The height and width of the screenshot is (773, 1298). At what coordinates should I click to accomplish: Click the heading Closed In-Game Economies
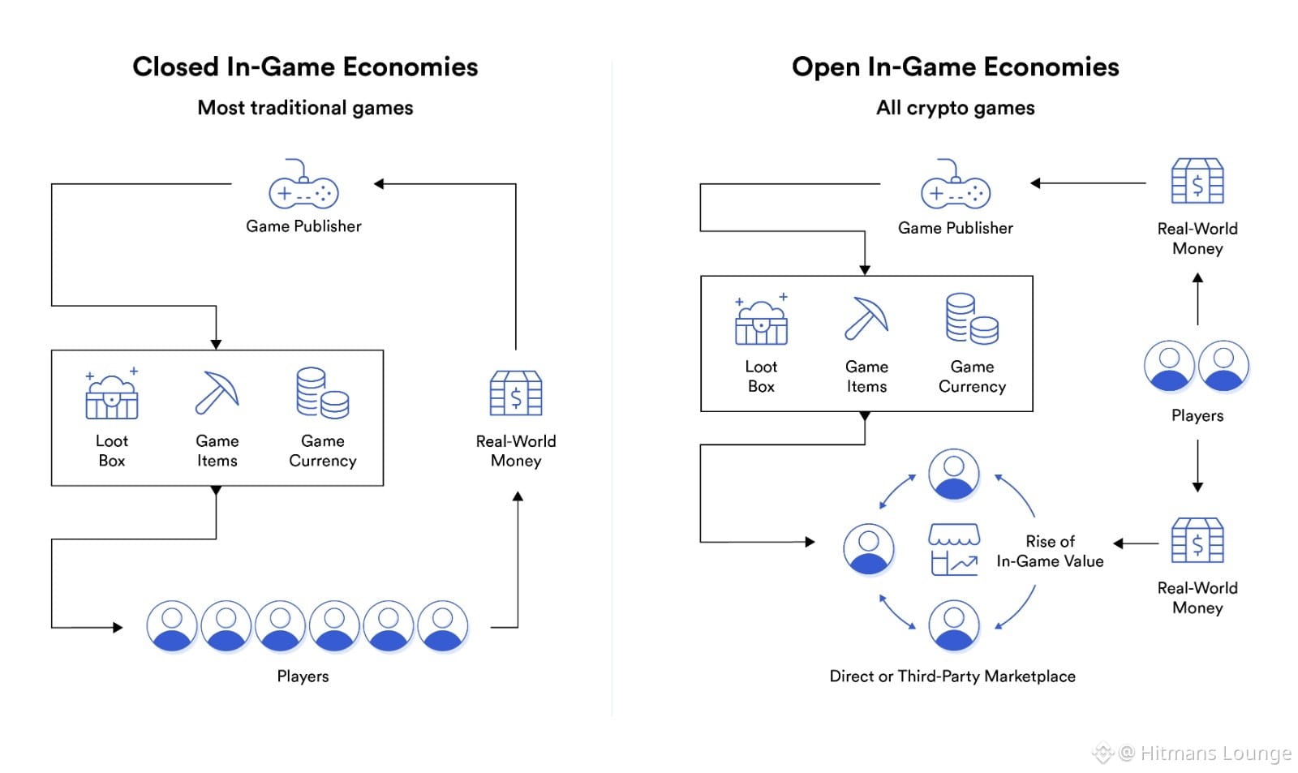305,67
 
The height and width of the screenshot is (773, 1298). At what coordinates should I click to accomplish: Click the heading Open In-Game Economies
955,67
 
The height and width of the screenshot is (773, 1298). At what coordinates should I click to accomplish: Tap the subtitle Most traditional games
305,108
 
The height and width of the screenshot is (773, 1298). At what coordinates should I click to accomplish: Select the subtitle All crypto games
955,108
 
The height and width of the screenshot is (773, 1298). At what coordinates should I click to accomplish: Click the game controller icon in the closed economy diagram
303,186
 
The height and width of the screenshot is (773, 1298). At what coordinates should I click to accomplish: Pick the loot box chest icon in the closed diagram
112,395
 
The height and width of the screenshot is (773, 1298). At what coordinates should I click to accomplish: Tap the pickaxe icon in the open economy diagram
866,318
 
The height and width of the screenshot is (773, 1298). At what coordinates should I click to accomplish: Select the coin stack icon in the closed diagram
322,393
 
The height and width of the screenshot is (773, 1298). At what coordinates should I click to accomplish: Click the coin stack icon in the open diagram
972,319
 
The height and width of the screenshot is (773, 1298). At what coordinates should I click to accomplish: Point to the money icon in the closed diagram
516,394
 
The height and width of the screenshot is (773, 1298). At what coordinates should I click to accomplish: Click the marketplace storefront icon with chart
954,549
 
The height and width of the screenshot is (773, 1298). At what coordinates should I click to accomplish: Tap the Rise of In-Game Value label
1050,552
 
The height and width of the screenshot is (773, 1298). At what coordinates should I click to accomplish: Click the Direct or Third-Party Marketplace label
952,676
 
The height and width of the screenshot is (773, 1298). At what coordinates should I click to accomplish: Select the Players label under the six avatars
303,676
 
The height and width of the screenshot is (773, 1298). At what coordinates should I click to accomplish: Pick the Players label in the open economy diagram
1197,415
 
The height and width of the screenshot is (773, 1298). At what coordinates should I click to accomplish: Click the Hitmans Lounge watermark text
1214,754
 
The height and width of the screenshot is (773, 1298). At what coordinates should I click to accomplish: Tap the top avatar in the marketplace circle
954,475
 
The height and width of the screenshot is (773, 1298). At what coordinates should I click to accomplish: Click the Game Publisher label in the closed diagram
303,226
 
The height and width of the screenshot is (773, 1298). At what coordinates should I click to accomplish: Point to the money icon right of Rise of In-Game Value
1197,542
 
